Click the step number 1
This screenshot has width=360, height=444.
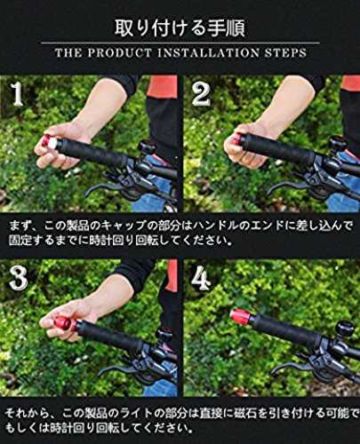(x=18, y=95)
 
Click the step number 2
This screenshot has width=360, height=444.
(x=201, y=93)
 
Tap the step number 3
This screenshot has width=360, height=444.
(x=19, y=279)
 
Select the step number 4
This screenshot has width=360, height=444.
(x=201, y=278)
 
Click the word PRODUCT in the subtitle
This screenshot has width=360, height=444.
(x=119, y=53)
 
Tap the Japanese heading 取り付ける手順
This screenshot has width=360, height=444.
(x=180, y=28)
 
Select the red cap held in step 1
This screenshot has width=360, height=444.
(x=47, y=142)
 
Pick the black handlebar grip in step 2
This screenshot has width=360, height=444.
(x=281, y=149)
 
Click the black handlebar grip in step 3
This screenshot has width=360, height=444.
(x=110, y=337)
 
